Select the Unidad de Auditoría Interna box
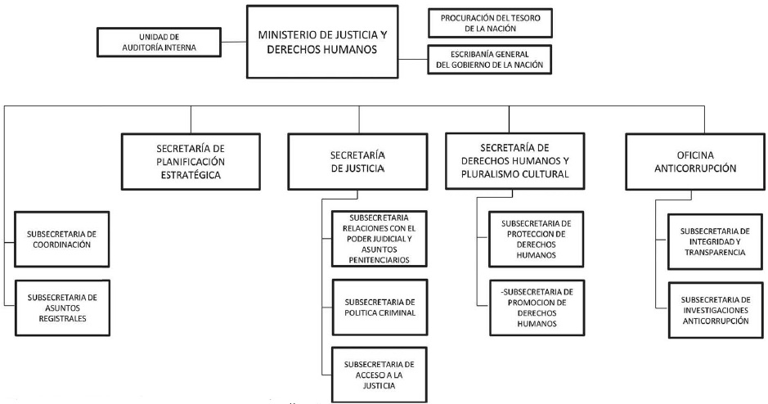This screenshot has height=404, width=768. tap(160, 43)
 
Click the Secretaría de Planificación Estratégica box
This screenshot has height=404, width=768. tap(191, 161)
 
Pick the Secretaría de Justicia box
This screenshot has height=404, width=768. tap(356, 160)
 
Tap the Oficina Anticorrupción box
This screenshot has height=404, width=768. tap(687, 160)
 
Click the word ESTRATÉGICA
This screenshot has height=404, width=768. tap(191, 175)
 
